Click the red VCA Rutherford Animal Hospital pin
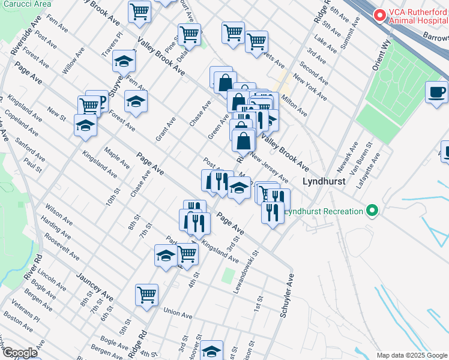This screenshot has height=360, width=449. [x=379, y=15]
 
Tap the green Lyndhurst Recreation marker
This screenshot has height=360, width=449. [x=372, y=211]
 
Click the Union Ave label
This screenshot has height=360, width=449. [x=178, y=313]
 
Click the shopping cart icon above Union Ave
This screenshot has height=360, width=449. [x=146, y=295]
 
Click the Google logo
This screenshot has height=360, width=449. [x=19, y=353]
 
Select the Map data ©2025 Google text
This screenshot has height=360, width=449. [x=412, y=355]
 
